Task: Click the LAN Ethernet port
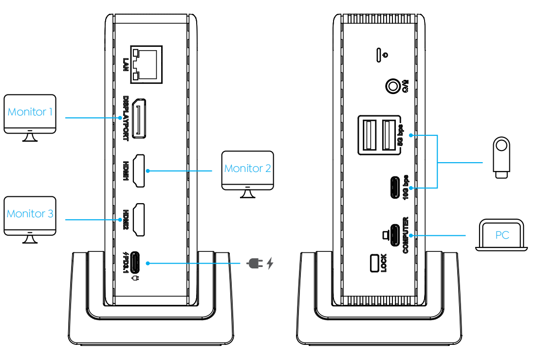146,64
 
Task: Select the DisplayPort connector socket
139,118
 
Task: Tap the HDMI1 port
139,171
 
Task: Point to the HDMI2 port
139,220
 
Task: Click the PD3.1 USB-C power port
135,263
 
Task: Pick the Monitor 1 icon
30,118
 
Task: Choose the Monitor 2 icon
248,174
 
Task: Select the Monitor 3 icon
30,220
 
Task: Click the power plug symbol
255,264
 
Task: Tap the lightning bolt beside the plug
270,263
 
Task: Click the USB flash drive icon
501,157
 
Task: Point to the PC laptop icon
501,235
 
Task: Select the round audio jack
393,86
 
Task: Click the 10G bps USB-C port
395,188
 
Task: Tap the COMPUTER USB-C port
395,235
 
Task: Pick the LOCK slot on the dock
374,263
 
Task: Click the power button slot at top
379,55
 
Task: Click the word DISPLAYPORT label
126,118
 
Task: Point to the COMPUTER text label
406,235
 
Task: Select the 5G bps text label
400,135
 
